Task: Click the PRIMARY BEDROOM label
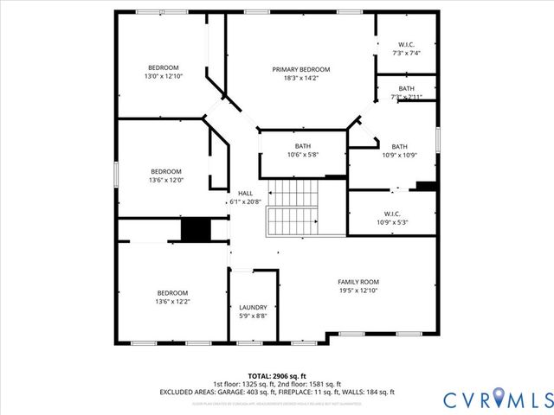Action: tap(300, 69)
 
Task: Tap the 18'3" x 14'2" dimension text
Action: tap(300, 79)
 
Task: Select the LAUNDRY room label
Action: tap(253, 307)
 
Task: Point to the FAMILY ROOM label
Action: tap(358, 282)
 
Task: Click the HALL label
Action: tap(245, 192)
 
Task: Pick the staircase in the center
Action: tap(293, 207)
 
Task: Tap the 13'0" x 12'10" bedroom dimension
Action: tap(163, 77)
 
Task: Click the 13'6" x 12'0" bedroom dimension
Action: tap(166, 180)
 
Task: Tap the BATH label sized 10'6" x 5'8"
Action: tap(302, 146)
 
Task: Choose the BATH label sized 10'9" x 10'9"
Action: tap(399, 146)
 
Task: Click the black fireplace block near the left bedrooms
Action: tap(196, 230)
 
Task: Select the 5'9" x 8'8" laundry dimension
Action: tap(253, 316)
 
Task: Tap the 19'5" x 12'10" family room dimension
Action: tap(358, 291)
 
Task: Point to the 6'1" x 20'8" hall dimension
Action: tap(245, 201)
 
